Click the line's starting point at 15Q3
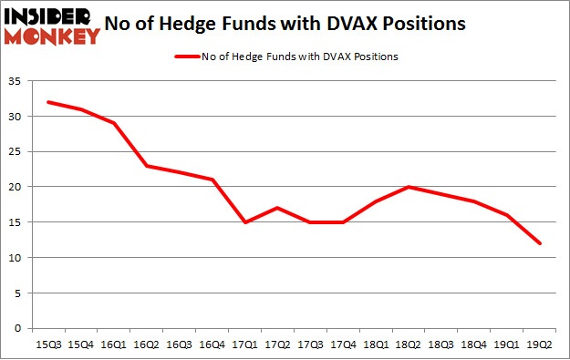point(47,102)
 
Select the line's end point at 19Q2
point(540,243)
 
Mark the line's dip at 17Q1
point(244,222)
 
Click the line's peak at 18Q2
point(409,187)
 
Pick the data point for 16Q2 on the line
point(146,166)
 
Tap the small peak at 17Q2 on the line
point(277,208)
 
